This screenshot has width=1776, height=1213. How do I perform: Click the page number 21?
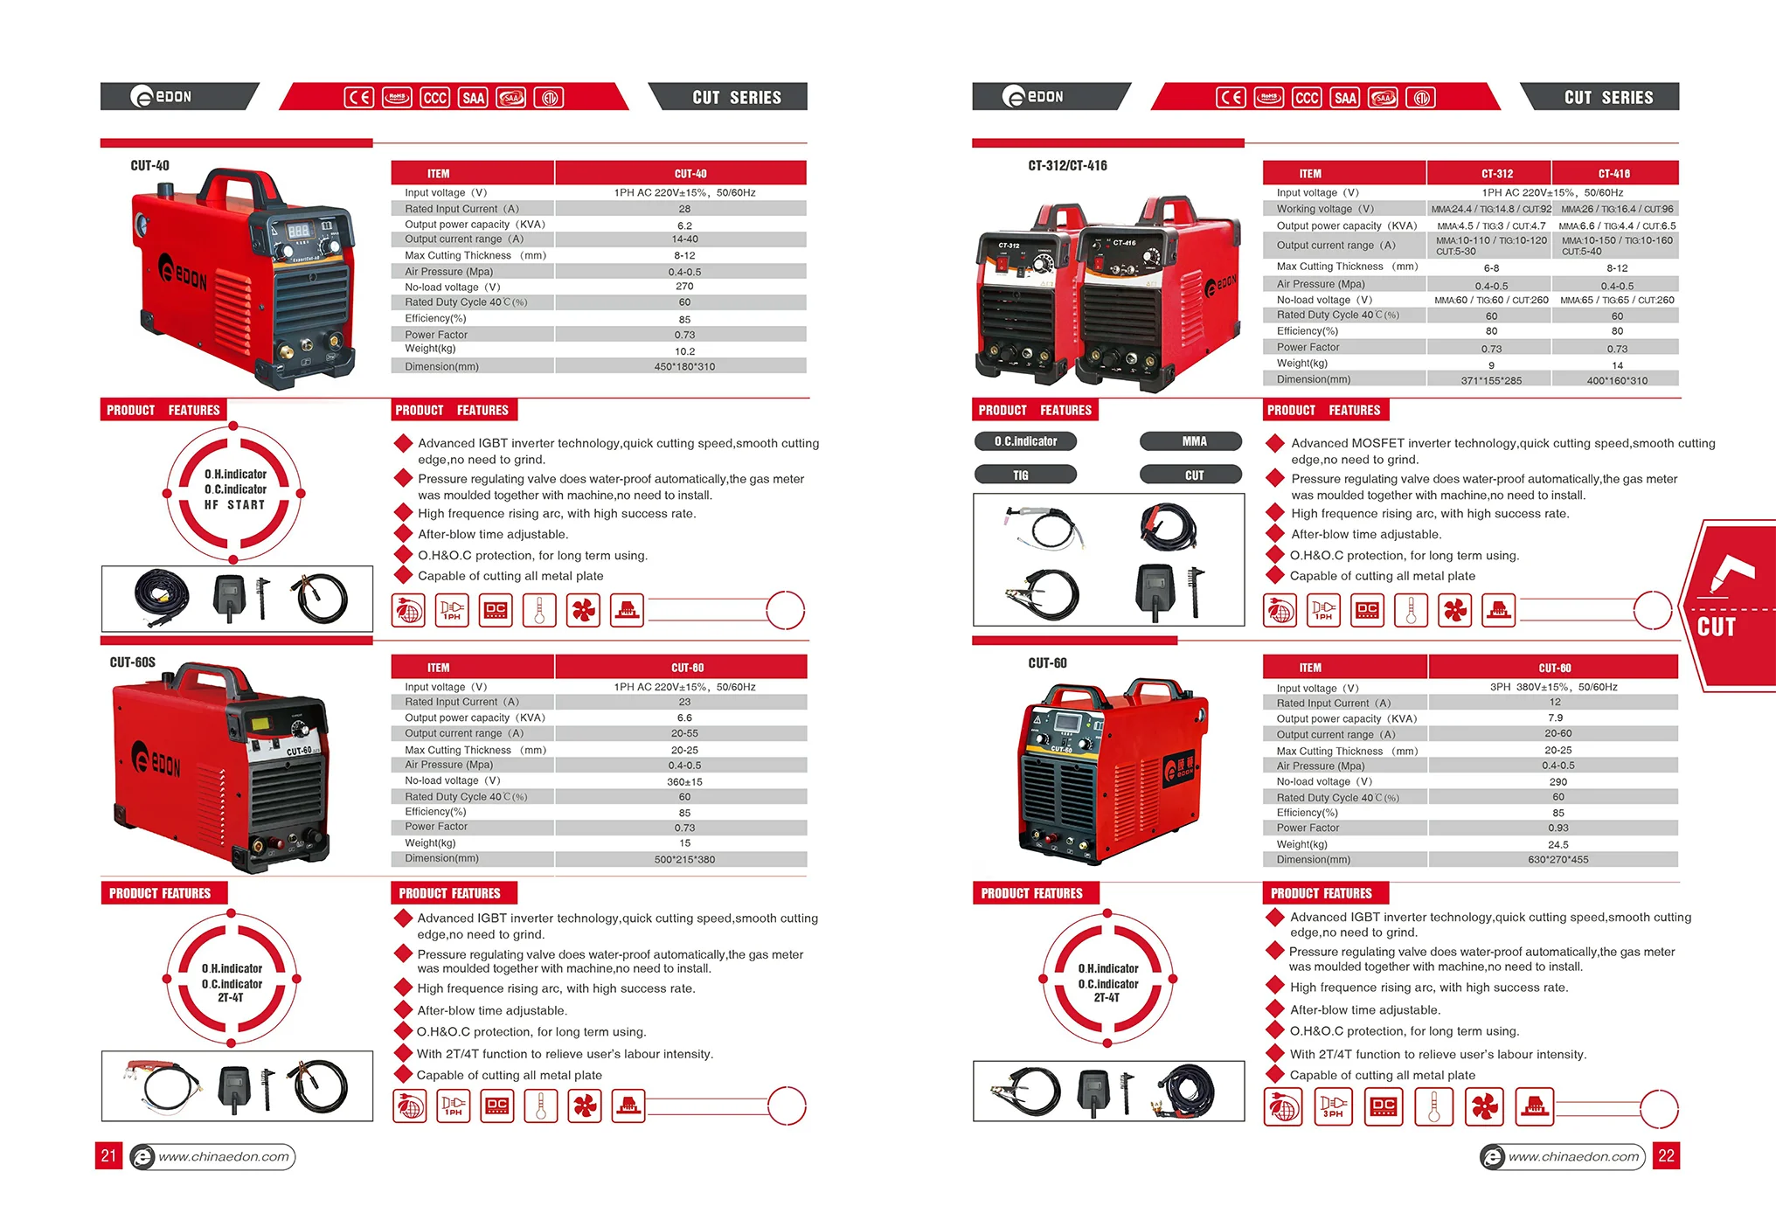coord(108,1156)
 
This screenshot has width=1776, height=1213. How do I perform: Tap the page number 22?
coord(1666,1156)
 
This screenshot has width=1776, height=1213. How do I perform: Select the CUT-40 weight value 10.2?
coord(684,351)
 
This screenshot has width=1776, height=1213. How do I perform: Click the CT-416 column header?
coord(1614,173)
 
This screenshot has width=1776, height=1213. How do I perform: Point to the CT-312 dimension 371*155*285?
coord(1491,380)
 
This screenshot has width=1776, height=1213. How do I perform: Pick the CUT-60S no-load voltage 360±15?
coord(684,781)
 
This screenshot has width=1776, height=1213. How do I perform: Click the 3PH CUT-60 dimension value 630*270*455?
coord(1557,860)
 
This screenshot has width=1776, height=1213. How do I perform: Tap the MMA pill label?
coord(1194,441)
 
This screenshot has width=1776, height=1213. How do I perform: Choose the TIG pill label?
coord(1021,475)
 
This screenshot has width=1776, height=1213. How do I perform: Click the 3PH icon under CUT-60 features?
coord(1333,1108)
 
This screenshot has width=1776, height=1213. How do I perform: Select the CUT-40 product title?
coord(149,165)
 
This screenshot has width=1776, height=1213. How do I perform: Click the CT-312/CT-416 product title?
coord(1067,165)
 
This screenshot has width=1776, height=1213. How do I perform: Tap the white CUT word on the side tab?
coord(1716,627)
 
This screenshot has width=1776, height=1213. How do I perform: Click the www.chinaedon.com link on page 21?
coord(223,1157)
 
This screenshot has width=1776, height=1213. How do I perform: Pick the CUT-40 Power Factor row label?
coord(436,335)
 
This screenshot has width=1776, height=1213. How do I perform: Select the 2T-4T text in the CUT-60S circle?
coord(231,998)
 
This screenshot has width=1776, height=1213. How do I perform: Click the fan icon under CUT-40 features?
coord(583,610)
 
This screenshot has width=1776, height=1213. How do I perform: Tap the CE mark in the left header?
coord(358,97)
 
